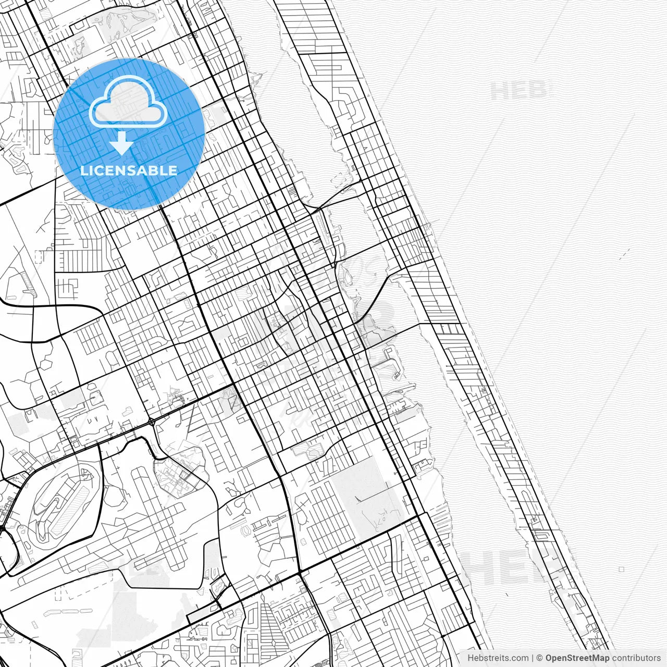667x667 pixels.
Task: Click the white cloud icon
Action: [x=128, y=102]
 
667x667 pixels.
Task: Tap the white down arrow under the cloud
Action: [x=121, y=143]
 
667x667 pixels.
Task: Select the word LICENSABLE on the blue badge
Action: [x=128, y=170]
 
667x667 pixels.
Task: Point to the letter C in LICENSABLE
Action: [x=97, y=170]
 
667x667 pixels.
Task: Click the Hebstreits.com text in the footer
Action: [x=497, y=658]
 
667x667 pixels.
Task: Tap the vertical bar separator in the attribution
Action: [x=532, y=658]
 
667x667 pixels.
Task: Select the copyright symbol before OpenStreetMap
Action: [x=539, y=658]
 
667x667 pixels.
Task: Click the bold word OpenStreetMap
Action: [x=577, y=658]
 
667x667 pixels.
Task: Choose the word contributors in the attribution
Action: [x=636, y=658]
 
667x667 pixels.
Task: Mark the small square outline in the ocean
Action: [x=622, y=569]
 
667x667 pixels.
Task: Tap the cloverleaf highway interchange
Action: [x=151, y=421]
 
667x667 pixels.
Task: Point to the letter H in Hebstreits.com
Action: [x=471, y=658]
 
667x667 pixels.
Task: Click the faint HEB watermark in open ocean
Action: [x=518, y=91]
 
